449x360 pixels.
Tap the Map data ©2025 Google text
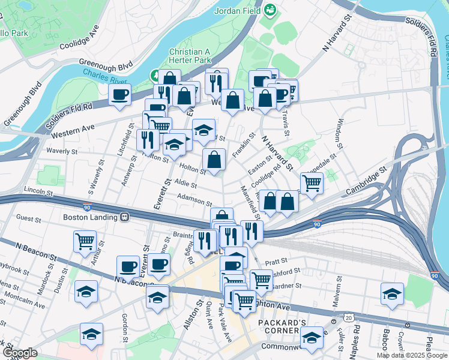412,355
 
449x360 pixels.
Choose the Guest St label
29,218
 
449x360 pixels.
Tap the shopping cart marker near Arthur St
85,241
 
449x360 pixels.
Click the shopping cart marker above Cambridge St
312,182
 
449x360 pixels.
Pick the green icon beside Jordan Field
271,10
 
